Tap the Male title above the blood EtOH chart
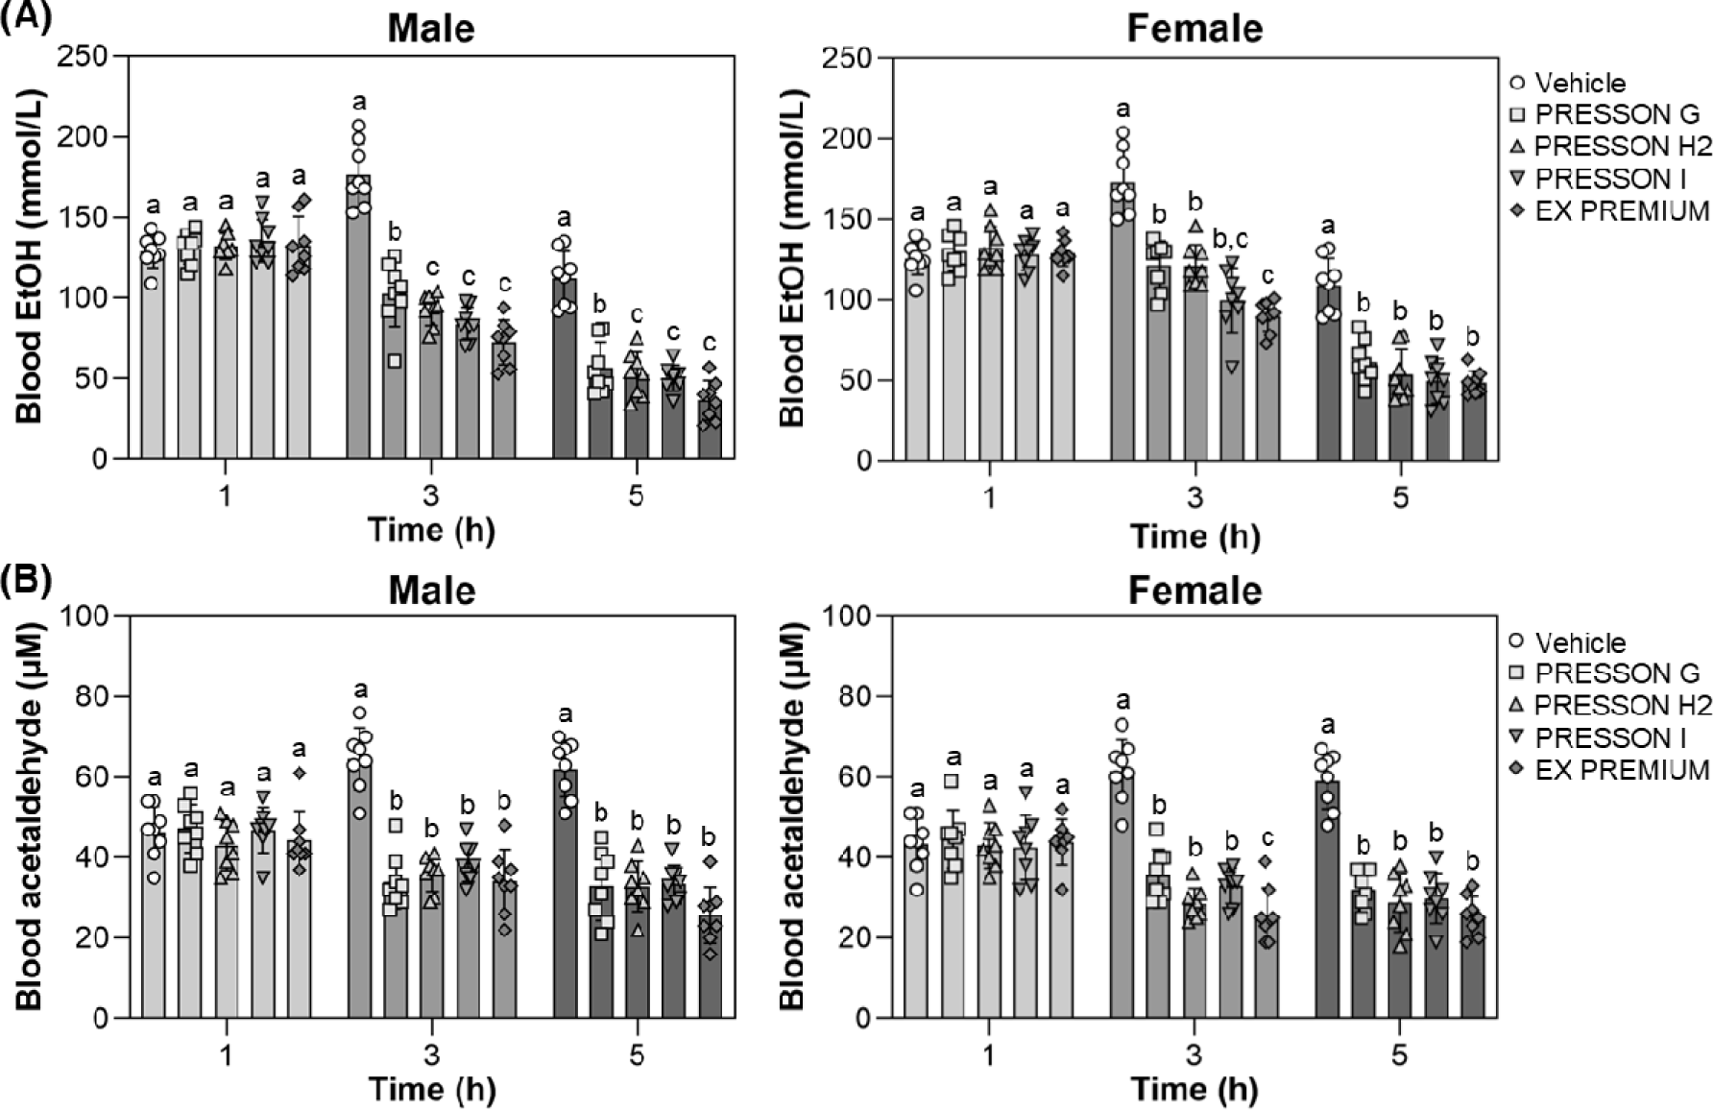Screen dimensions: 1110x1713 coord(430,28)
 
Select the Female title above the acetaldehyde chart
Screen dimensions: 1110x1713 coord(1194,590)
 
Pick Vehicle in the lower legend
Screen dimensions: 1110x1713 coord(1580,642)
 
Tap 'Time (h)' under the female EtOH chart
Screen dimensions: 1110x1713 coord(1194,535)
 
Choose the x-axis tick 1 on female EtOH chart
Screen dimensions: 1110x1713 coord(990,498)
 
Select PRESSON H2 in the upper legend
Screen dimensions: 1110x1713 coord(1622,147)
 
